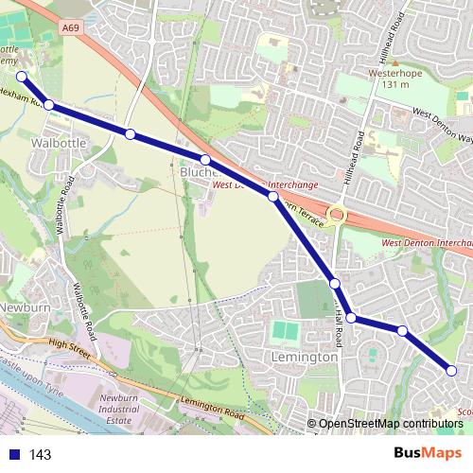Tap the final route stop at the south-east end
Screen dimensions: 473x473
452,372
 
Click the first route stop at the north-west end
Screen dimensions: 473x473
21,77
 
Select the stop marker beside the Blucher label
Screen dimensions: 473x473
204,159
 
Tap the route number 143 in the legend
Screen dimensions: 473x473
40,455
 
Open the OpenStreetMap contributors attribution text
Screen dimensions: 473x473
391,424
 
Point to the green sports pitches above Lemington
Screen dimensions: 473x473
284,332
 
